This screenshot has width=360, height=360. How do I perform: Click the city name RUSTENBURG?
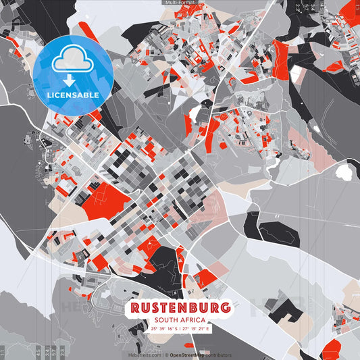coord(180,307)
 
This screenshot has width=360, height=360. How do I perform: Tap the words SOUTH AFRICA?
coord(180,319)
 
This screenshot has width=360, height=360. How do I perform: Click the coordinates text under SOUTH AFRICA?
coord(180,328)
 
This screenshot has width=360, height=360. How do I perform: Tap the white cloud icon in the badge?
coord(73,60)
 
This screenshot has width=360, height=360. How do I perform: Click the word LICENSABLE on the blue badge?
coord(73,95)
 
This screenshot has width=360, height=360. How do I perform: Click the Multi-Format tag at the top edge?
coord(180,3)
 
